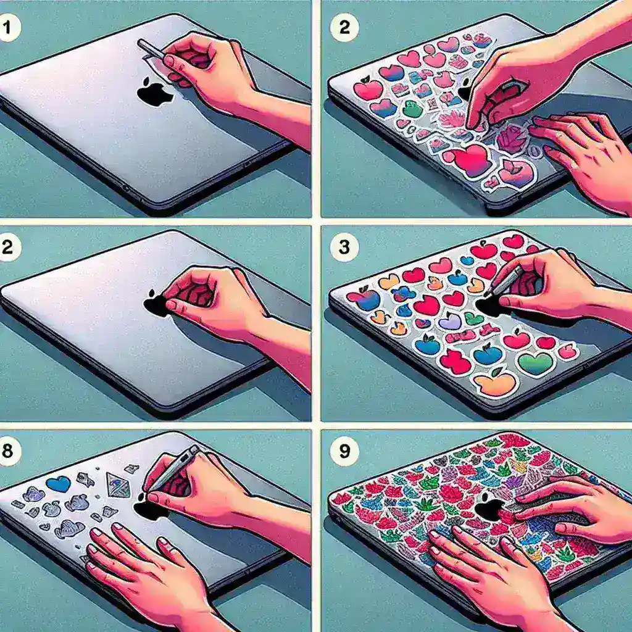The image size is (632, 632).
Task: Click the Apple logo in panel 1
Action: [154, 92]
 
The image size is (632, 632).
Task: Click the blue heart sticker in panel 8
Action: [59, 483]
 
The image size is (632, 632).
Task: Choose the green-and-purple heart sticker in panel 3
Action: [535, 363]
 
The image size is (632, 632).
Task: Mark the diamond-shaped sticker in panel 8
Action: [118, 486]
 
